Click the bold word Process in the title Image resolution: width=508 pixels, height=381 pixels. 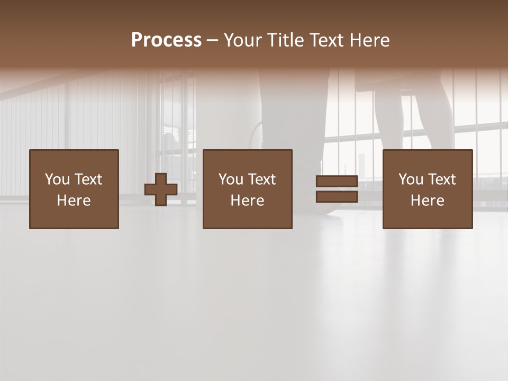(x=166, y=40)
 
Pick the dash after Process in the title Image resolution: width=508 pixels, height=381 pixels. (x=212, y=41)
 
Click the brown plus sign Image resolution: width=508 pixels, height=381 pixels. (x=161, y=189)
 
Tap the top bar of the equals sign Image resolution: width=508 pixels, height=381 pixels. (x=337, y=182)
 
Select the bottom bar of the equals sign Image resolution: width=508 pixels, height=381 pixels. (x=337, y=196)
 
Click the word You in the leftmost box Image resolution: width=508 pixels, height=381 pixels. (x=58, y=179)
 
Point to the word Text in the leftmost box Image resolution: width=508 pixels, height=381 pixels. (x=88, y=179)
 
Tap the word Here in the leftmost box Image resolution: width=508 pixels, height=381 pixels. (x=74, y=201)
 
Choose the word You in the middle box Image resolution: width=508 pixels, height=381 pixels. (x=231, y=179)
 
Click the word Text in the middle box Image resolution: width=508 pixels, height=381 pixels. (x=261, y=179)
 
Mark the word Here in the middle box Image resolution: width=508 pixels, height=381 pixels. (x=247, y=201)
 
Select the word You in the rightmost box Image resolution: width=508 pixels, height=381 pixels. (x=411, y=179)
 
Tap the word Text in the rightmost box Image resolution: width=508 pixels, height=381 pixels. (x=441, y=179)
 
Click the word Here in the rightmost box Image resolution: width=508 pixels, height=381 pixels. (x=427, y=201)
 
